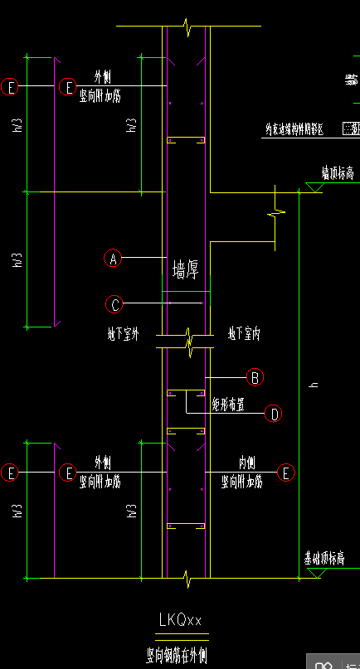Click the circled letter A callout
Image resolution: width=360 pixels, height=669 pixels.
pyautogui.click(x=113, y=259)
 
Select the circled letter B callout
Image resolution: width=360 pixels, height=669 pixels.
pyautogui.click(x=255, y=377)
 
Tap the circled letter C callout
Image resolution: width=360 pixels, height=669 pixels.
pyautogui.click(x=115, y=304)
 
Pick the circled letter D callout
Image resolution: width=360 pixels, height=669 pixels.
pyautogui.click(x=274, y=413)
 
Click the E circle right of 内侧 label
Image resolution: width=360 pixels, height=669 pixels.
pyautogui.click(x=286, y=473)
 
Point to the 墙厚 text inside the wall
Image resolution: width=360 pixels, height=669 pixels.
pyautogui.click(x=185, y=269)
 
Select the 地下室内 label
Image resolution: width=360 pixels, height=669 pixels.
pyautogui.click(x=246, y=336)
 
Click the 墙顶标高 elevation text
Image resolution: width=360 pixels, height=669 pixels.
pyautogui.click(x=338, y=174)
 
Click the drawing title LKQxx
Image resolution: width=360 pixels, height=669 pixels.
pyautogui.click(x=180, y=619)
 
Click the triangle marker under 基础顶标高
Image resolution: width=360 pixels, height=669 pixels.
pyautogui.click(x=312, y=573)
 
